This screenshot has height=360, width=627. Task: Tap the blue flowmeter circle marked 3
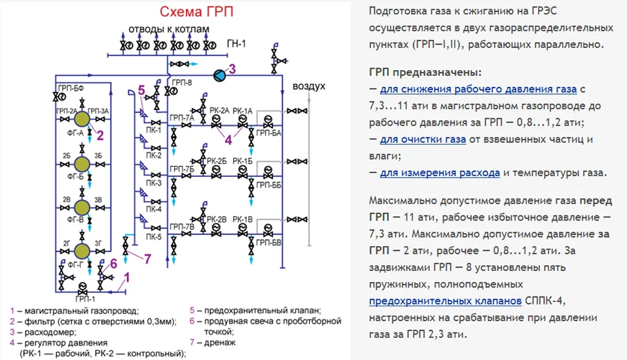221,75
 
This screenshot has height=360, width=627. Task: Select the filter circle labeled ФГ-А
82,119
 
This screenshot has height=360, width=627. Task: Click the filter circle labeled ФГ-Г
82,251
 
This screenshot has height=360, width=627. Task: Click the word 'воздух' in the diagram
309,86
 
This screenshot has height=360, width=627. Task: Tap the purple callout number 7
148,259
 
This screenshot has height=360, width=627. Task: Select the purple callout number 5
141,90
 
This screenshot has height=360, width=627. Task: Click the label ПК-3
154,183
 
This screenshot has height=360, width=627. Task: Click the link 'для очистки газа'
423,139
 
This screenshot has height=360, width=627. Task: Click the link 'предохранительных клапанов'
445,301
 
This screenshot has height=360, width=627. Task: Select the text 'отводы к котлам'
169,30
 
